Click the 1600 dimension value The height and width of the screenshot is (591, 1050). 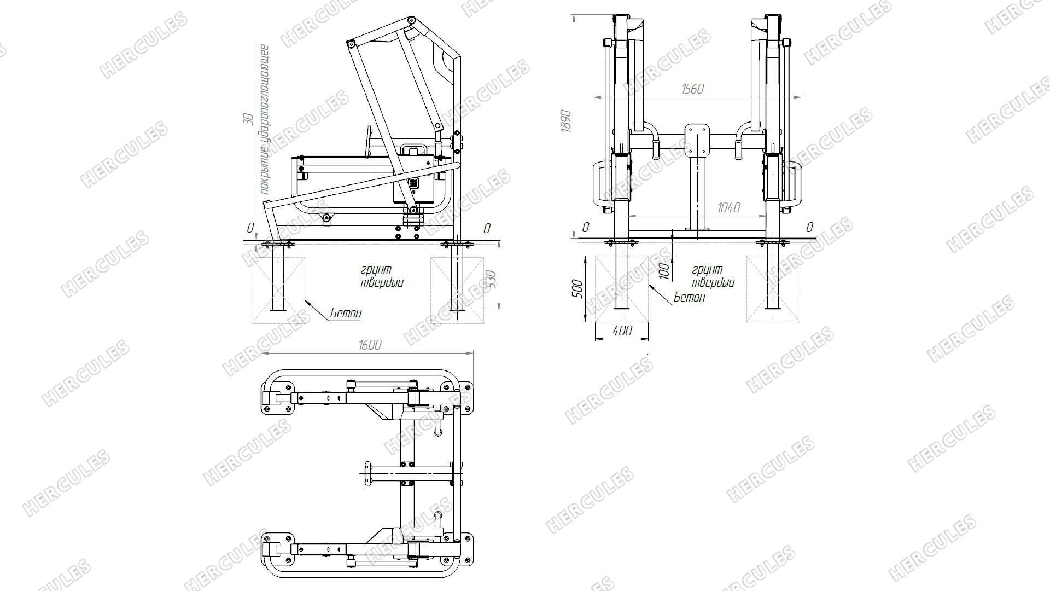click(370, 345)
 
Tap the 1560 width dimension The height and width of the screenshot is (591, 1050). click(692, 89)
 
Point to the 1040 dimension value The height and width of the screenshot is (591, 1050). click(728, 207)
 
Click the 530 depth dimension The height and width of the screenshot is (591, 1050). click(491, 281)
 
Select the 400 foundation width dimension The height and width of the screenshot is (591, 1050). click(622, 331)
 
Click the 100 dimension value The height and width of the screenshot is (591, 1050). click(664, 271)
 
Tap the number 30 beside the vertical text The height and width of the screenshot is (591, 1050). click(248, 119)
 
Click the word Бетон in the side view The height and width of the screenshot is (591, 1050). click(346, 314)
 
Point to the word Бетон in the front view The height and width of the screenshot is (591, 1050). click(689, 298)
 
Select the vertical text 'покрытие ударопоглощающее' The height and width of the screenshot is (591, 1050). click(264, 119)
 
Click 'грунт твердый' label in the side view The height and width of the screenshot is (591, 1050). click(382, 276)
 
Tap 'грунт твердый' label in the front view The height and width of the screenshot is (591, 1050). click(713, 276)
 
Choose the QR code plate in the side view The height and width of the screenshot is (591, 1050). click(414, 183)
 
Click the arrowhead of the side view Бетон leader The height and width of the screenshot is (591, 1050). click(307, 300)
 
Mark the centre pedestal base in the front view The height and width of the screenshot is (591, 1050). click(697, 229)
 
